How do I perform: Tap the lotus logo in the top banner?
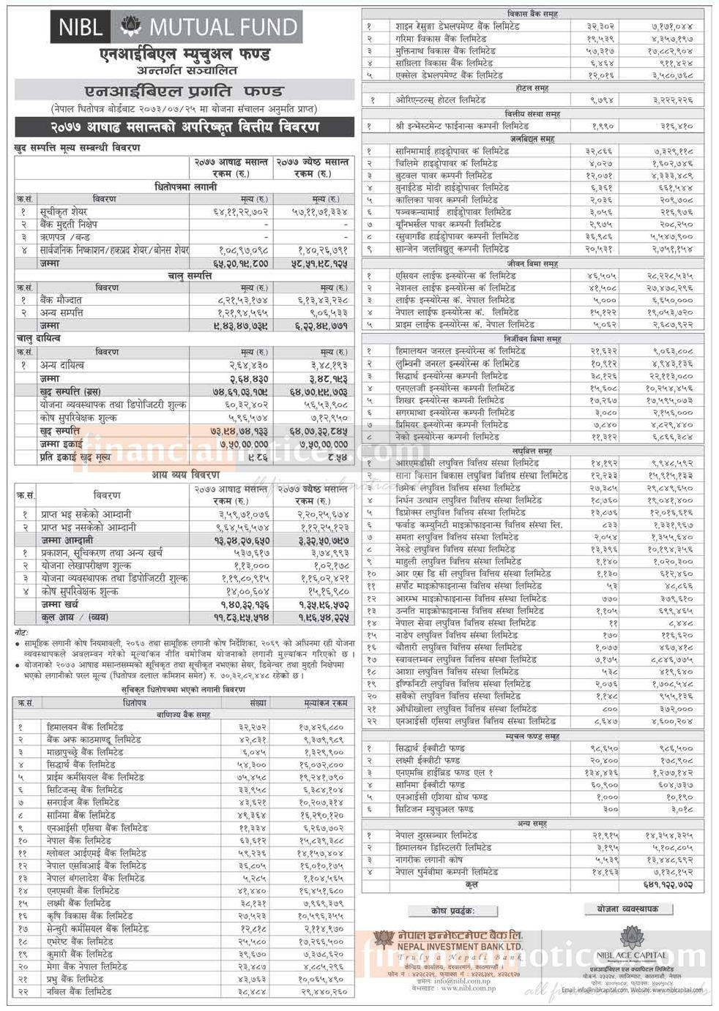pyautogui.click(x=130, y=28)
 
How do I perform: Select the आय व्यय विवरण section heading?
pyautogui.click(x=184, y=475)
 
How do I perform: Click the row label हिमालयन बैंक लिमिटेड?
pyautogui.click(x=85, y=727)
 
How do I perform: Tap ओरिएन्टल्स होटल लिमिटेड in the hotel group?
pyautogui.click(x=444, y=100)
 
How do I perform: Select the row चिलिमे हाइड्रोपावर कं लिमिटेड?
pyautogui.click(x=446, y=163)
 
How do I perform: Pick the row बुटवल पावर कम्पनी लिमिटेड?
pyautogui.click(x=440, y=176)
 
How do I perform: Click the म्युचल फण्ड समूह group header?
pyautogui.click(x=532, y=736)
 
